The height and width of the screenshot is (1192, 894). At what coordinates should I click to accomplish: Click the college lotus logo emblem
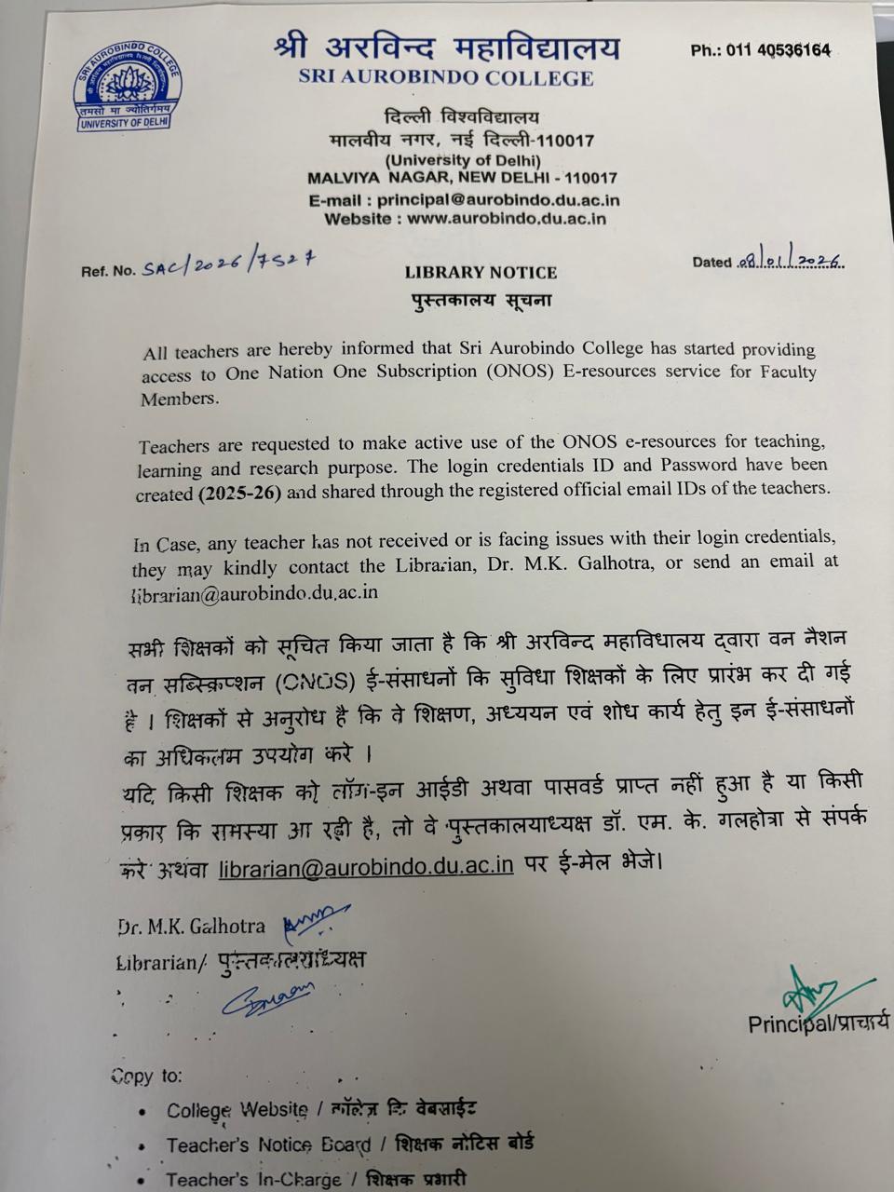(x=128, y=90)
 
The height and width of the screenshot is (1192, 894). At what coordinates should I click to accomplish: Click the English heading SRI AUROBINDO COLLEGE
(x=446, y=77)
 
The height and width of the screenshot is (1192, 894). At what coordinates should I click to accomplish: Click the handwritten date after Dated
(x=789, y=262)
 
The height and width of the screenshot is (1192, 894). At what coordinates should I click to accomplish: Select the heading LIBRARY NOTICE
(x=481, y=273)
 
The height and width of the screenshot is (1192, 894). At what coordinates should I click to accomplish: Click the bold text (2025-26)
(x=239, y=494)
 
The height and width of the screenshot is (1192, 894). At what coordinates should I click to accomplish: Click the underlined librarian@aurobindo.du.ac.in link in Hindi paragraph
(x=366, y=866)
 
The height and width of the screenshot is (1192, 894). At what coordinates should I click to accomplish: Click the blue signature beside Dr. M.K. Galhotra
(x=316, y=920)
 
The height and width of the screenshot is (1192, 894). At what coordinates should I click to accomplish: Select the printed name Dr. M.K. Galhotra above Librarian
(x=191, y=927)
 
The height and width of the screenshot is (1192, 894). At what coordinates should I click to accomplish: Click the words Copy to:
(x=146, y=1076)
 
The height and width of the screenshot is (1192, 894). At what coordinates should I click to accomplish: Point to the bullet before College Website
(x=141, y=1112)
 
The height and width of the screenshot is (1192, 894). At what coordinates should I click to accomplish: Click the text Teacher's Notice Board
(x=268, y=1145)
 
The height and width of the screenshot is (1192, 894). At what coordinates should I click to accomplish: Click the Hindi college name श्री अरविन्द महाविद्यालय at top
(x=446, y=47)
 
